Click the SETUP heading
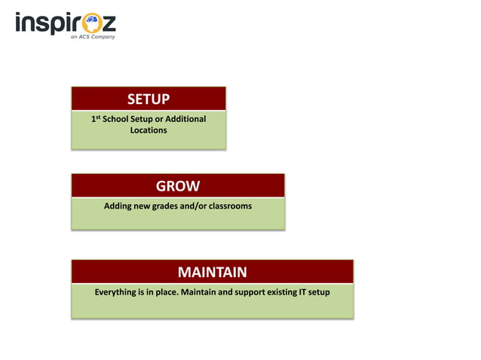[x=149, y=99]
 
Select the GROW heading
[x=178, y=186]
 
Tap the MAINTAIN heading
[x=212, y=272]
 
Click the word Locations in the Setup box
[x=149, y=130]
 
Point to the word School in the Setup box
[x=116, y=119]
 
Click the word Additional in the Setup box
[x=185, y=119]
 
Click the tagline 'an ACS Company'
[x=93, y=36]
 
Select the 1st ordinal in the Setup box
[x=94, y=119]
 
